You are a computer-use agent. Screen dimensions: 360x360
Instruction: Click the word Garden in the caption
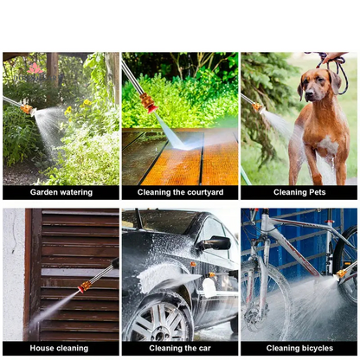pos(42,192)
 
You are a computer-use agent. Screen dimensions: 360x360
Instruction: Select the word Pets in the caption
pos(317,192)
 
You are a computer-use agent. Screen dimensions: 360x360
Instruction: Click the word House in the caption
pos(40,348)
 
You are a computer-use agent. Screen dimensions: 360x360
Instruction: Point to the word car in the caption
pos(204,349)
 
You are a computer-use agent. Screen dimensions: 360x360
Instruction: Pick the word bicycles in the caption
pos(317,348)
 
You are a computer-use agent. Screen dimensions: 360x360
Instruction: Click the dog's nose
pos(309,93)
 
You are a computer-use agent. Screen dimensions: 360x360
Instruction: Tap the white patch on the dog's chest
pos(328,145)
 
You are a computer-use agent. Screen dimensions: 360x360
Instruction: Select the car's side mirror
pos(215,243)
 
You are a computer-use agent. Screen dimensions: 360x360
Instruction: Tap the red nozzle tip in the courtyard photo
pos(151,109)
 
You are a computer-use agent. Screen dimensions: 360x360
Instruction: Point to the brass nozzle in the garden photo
pos(28,109)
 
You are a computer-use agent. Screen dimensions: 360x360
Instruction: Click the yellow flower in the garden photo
pos(87,102)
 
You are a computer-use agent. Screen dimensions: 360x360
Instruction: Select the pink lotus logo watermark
pos(35,68)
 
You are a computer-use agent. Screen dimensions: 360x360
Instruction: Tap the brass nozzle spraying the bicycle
pos(340,274)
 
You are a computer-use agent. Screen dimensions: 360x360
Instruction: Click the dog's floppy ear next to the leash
pos(334,81)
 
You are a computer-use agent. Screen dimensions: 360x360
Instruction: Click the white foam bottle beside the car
pos(209,287)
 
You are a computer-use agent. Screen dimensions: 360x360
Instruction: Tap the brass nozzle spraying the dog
pos(258,108)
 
